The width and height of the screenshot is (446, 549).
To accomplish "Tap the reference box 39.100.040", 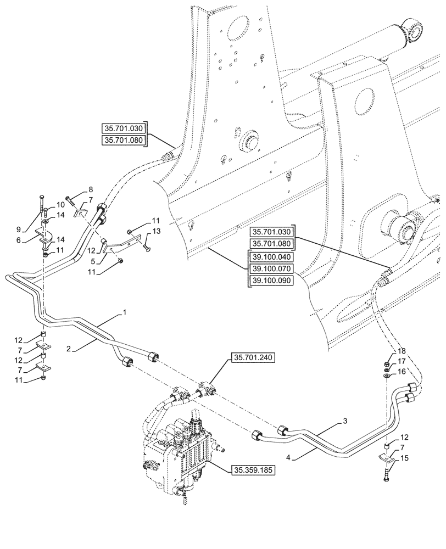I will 272,257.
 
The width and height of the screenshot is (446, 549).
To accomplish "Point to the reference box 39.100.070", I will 272,268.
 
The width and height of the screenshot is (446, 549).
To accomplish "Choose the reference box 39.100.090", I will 272,280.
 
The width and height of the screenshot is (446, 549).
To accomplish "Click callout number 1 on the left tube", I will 125,313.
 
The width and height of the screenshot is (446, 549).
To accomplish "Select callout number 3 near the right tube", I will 345,421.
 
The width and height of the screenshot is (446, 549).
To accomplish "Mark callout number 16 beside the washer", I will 402,372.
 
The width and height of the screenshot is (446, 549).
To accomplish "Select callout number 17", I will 402,361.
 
